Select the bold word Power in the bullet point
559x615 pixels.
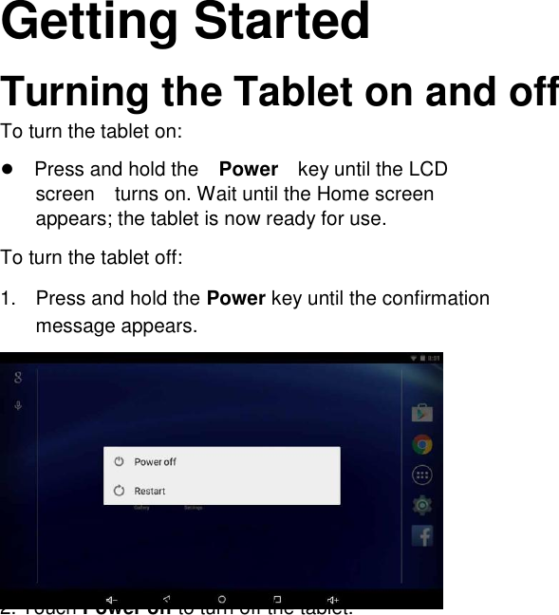[248, 170]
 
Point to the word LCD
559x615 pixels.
[428, 170]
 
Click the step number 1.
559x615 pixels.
[8, 299]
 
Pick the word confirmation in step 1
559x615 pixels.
[426, 299]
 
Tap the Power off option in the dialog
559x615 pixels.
[155, 462]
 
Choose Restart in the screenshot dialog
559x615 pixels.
[150, 491]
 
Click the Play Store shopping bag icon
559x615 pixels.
[422, 413]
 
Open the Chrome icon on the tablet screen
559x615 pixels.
[422, 444]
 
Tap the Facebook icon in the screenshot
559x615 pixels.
[422, 535]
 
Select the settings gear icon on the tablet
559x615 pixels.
[422, 505]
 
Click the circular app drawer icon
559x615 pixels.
[422, 475]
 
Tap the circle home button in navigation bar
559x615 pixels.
[222, 599]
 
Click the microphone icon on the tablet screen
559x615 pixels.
[18, 406]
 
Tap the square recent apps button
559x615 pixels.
[278, 599]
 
